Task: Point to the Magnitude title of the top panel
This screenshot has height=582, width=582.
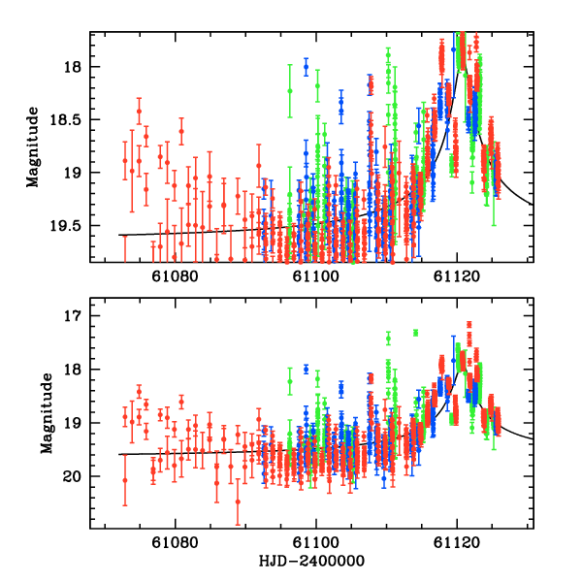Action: [x=33, y=146]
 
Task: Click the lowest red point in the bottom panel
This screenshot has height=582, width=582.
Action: [x=238, y=501]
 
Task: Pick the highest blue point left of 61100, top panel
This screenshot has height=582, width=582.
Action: [x=306, y=67]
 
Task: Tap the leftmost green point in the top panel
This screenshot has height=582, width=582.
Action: [x=290, y=90]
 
